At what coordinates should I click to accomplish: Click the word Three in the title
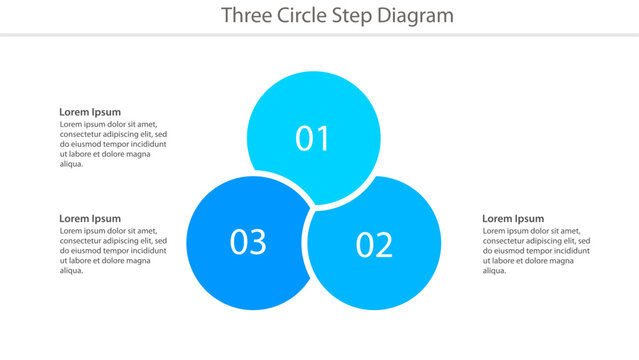243,15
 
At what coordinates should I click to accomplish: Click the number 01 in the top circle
313,138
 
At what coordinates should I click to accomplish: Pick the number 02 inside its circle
374,244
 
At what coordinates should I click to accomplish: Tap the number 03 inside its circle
248,241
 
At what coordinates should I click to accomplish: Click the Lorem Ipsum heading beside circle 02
513,218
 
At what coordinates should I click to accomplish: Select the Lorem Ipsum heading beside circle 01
90,112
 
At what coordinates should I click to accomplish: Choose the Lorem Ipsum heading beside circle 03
90,218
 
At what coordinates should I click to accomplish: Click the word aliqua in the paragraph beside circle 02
494,270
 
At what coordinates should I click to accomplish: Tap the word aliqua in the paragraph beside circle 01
71,164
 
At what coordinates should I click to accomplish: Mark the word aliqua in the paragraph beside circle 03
71,270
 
